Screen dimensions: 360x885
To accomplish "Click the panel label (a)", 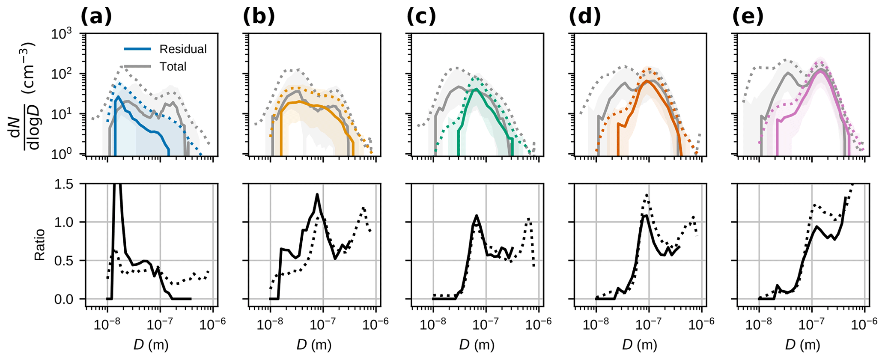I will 96,17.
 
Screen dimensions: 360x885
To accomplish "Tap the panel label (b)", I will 259,17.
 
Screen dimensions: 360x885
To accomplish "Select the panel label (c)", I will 421,17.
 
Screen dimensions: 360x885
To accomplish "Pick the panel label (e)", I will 748,17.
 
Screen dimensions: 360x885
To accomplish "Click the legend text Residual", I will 183,49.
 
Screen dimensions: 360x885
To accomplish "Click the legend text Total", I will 173,66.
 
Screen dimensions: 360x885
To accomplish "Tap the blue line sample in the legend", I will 137,49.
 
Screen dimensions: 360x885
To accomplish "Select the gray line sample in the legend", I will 137,66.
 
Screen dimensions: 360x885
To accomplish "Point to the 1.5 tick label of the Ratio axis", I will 64,184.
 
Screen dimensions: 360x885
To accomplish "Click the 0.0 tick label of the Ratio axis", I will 64,299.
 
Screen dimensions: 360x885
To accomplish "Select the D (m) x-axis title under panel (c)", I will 477,345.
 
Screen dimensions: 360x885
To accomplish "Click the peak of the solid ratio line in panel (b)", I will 317,195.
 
